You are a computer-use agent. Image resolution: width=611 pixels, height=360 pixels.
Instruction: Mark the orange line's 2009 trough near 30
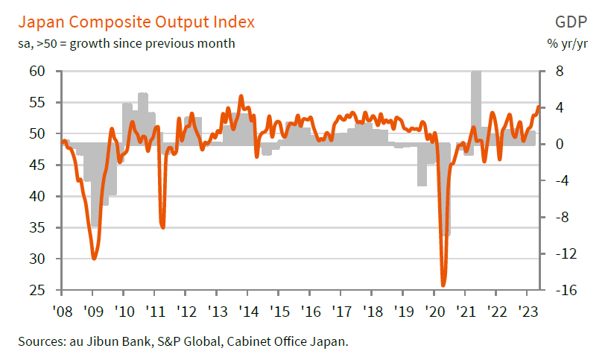point(94,259)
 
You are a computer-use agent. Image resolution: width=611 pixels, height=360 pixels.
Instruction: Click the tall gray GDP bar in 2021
point(475,104)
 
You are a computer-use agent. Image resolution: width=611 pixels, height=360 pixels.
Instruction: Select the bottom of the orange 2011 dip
point(162,227)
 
